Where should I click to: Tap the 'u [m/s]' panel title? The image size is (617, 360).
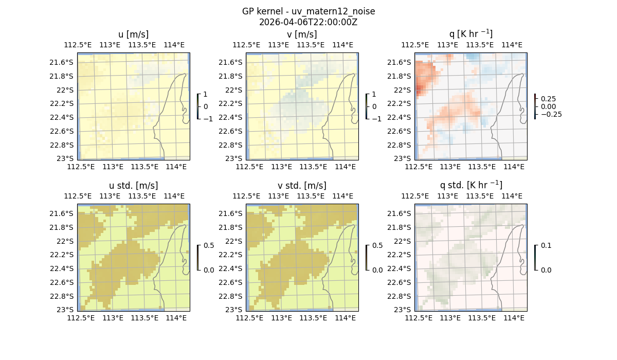coord(133,34)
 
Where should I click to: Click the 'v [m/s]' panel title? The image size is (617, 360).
coord(302,34)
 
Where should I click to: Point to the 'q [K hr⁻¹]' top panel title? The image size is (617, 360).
coord(470,34)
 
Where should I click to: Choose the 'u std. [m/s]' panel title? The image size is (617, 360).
coord(133,186)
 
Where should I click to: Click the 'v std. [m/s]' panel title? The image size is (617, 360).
coord(302,186)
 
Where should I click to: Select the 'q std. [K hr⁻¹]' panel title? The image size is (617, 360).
coord(470,185)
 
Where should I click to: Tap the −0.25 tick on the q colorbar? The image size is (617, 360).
coord(549,114)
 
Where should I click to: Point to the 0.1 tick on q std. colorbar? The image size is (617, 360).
coord(546,246)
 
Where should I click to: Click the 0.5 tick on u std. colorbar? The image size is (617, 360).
coord(209,246)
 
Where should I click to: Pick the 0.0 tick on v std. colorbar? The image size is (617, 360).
coord(377,269)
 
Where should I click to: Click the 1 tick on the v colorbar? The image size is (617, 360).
coord(375,95)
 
